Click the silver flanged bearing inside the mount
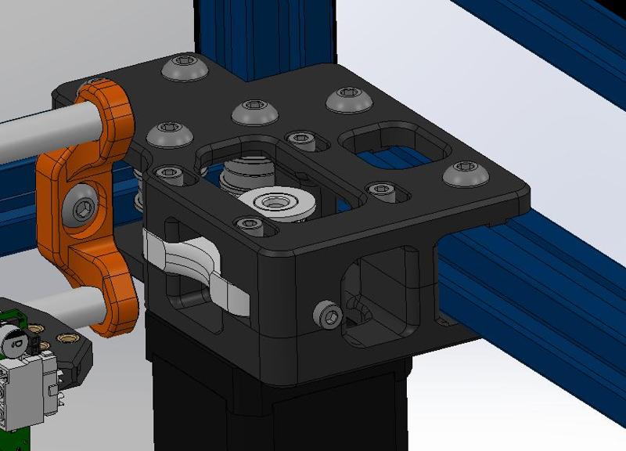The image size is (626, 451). [x=274, y=203]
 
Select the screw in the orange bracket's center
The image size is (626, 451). [x=81, y=207]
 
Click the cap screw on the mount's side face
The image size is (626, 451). [x=329, y=315]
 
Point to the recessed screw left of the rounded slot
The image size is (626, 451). [x=300, y=139]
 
